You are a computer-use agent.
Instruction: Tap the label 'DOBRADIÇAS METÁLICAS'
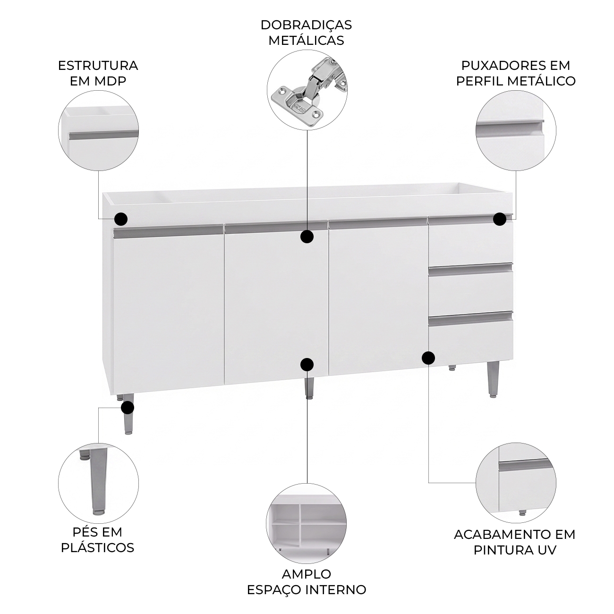point(306,33)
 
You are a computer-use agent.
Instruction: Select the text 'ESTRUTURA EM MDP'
point(98,73)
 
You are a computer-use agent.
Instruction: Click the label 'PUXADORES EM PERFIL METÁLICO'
point(516,73)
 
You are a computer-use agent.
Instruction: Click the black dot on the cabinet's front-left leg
point(128,408)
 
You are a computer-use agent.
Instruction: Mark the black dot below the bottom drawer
point(428,358)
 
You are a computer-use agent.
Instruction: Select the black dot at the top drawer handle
point(500,219)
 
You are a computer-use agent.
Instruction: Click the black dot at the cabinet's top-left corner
point(121,219)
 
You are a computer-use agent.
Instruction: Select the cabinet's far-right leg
point(493,381)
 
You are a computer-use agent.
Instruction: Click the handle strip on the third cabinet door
point(377,224)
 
